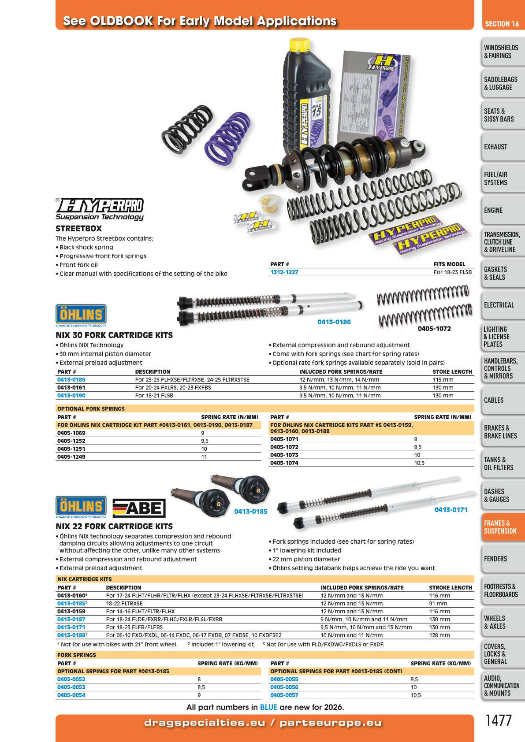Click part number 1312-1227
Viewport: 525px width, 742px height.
point(284,272)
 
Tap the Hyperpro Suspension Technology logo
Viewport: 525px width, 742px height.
point(100,209)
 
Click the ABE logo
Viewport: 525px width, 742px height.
point(139,508)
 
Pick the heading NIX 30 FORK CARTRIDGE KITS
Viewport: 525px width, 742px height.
point(114,335)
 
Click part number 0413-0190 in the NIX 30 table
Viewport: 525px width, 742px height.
point(71,396)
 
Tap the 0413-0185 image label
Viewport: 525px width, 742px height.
point(250,512)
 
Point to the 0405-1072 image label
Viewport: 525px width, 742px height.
point(434,329)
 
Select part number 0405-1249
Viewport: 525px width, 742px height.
point(71,457)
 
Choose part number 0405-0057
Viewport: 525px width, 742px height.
point(284,695)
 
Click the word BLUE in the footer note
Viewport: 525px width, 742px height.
point(268,708)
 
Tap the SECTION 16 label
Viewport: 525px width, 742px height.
point(502,24)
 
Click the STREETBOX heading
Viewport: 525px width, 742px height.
point(78,229)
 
